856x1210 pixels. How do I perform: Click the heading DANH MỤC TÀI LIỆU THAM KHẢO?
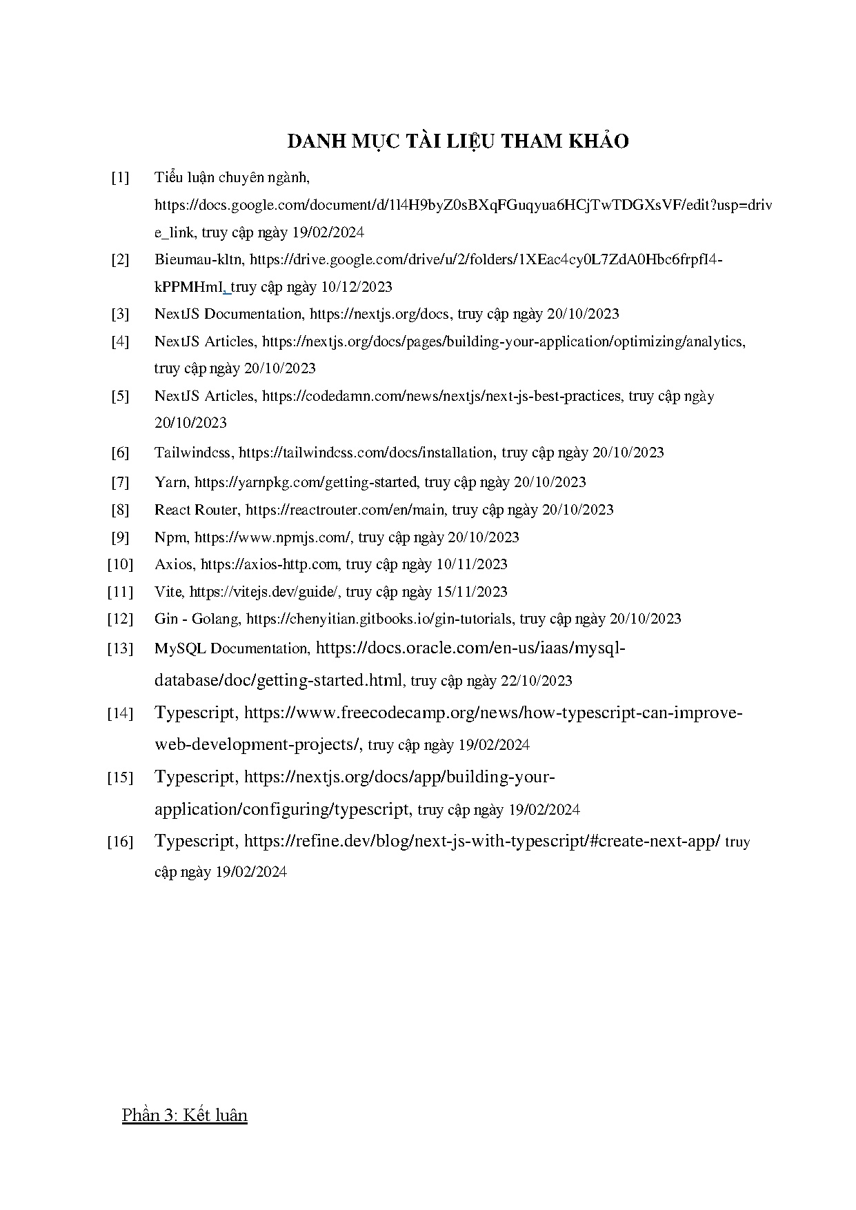(457, 141)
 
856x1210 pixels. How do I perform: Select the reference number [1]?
(120, 178)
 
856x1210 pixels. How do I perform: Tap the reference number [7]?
(120, 482)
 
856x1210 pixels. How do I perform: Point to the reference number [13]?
(119, 648)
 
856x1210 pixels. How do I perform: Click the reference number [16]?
(119, 842)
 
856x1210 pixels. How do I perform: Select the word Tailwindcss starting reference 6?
(192, 453)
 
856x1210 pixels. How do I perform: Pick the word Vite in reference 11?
(168, 592)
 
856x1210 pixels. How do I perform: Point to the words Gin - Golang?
(197, 619)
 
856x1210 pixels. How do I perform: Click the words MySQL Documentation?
(231, 648)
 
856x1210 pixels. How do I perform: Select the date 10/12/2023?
(357, 287)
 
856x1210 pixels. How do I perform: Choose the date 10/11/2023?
(472, 564)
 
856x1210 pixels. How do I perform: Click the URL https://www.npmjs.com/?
(272, 537)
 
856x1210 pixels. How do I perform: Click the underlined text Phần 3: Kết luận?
(184, 1115)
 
